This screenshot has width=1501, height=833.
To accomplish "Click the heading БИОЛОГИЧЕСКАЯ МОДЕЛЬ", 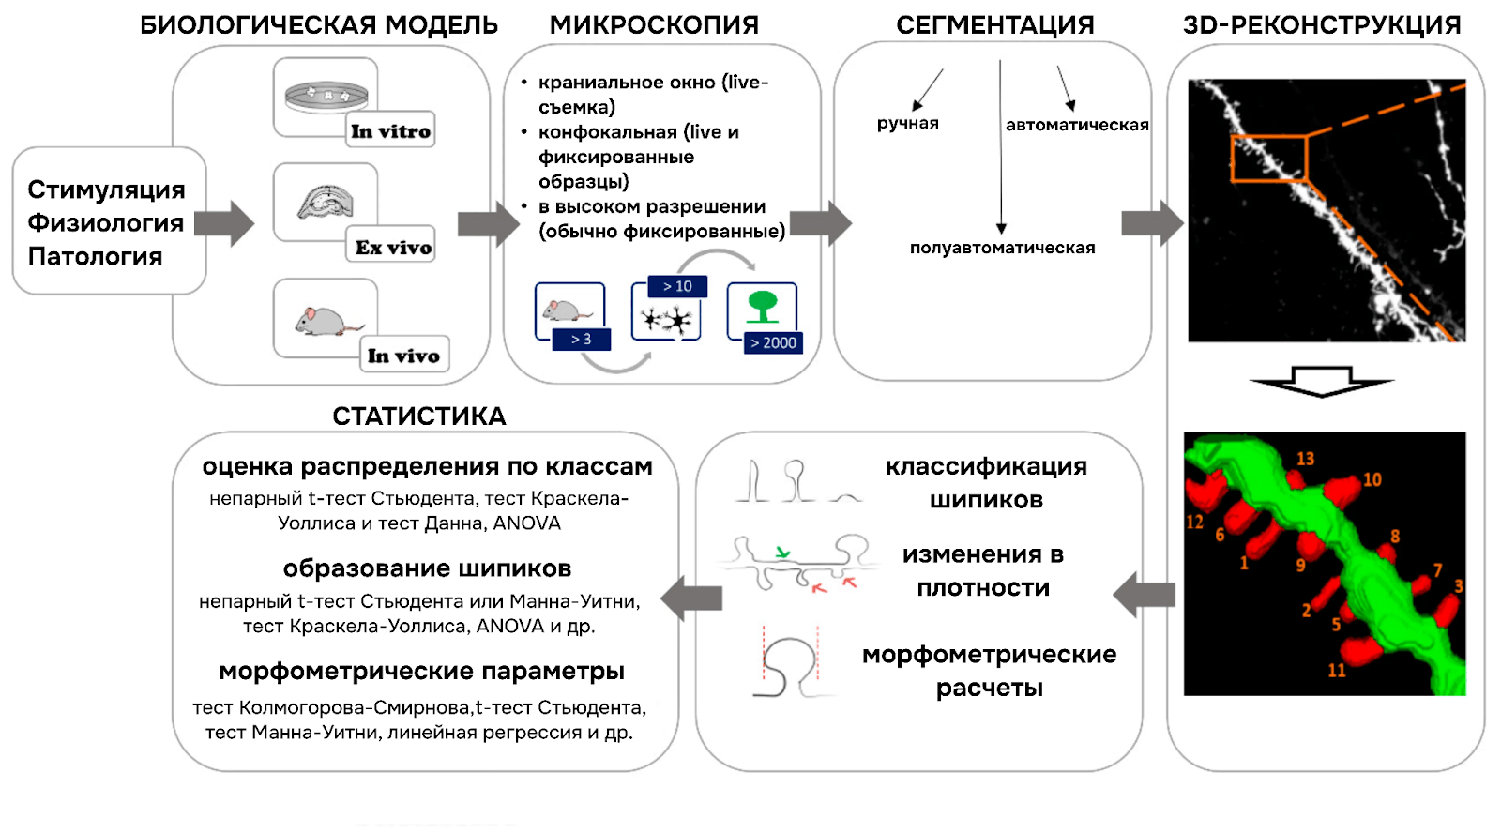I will tap(319, 24).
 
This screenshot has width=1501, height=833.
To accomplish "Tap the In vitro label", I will tap(390, 131).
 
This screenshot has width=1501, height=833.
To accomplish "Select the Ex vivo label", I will tap(393, 248).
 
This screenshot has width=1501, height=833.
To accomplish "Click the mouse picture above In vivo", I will tap(325, 321).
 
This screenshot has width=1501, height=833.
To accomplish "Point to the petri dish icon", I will tap(326, 95).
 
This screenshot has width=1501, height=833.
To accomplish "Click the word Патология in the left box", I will tap(95, 256).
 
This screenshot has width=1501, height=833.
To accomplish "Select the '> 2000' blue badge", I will tap(773, 342).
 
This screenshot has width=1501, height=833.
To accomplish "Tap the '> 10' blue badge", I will tap(677, 286).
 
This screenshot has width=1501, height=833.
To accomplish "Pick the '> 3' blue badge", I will tap(581, 339).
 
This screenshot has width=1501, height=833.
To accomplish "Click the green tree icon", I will tap(762, 306).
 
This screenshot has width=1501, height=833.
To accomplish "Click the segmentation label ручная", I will tap(907, 123).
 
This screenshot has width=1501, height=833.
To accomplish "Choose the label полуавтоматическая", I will tap(1002, 248).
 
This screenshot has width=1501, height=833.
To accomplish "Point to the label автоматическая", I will tap(1077, 125).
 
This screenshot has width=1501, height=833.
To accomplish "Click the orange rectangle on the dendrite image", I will tap(1268, 159).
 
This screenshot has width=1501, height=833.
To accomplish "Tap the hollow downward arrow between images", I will tap(1321, 381).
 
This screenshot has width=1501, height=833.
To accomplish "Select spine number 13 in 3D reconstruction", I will tap(1305, 459).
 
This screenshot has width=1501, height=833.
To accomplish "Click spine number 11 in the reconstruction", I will tap(1336, 670).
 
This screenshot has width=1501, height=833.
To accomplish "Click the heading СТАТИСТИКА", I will tap(418, 416).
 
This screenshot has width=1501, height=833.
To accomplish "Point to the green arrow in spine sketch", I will tap(782, 553).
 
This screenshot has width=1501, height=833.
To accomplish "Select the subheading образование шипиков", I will tap(427, 568).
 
